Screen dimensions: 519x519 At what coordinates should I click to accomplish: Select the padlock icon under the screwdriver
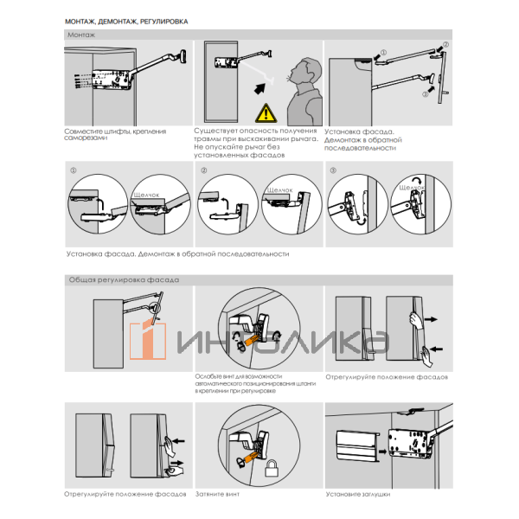click(271, 469)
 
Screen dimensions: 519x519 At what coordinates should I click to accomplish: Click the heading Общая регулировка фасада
click(123, 280)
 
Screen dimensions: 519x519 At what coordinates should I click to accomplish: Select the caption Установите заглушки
click(358, 494)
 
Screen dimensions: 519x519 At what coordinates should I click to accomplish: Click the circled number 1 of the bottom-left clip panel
click(73, 170)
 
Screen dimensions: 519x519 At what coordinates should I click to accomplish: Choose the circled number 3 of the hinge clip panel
click(334, 170)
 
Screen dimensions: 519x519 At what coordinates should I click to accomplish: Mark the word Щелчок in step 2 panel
click(282, 189)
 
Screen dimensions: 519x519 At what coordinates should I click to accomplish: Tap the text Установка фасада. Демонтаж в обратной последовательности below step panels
click(176, 254)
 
